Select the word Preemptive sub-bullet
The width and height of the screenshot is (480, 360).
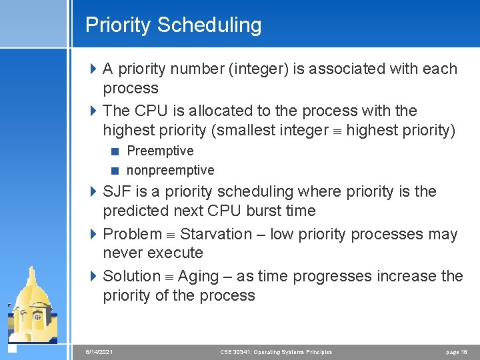[x=160, y=151]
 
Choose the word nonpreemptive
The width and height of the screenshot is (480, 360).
[x=170, y=170]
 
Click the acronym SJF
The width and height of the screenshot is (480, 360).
[x=117, y=192]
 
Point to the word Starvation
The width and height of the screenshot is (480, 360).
[x=216, y=234]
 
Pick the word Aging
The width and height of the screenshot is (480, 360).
[x=198, y=276]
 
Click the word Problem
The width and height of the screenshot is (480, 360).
[x=132, y=234]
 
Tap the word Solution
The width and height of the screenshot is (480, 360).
[x=132, y=276]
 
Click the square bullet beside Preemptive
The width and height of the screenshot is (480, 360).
[x=116, y=151]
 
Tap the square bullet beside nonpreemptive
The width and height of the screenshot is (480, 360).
[x=116, y=171]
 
